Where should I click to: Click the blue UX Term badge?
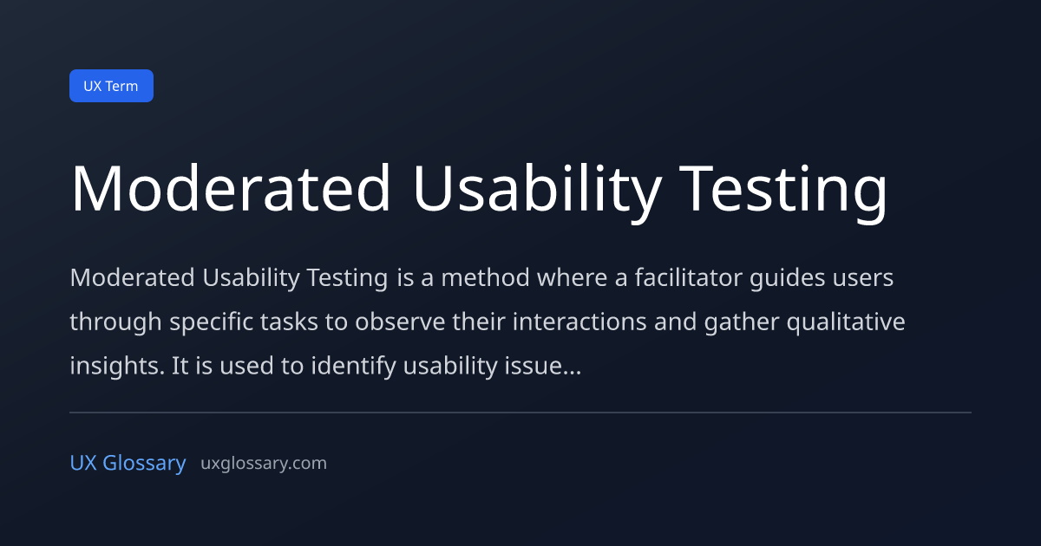click(x=112, y=86)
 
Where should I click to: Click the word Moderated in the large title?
click(x=231, y=189)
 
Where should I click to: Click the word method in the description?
click(x=485, y=277)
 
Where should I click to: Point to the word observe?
click(x=400, y=322)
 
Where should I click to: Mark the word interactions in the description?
click(x=579, y=322)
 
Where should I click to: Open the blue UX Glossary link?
click(x=128, y=464)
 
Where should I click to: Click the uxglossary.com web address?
click(x=264, y=464)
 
